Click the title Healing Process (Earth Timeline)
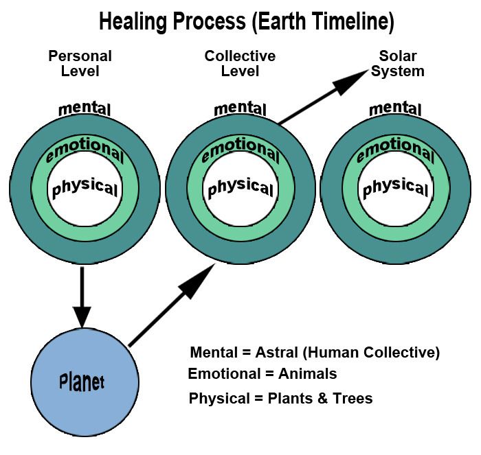pos(247,22)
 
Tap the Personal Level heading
pos(80,63)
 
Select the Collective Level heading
pos(240,63)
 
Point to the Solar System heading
pos(402,63)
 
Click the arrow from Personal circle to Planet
pos(82,296)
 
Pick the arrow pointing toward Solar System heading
pos(324,97)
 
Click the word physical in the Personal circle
pos(85,187)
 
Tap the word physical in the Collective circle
pos(240,187)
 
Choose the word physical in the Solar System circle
pos(395,187)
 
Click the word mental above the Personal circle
pos(85,109)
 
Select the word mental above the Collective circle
pos(240,109)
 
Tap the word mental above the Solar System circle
pos(395,109)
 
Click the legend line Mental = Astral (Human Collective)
pos(315,353)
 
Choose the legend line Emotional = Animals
pos(262,374)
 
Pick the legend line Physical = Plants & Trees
pos(280,398)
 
